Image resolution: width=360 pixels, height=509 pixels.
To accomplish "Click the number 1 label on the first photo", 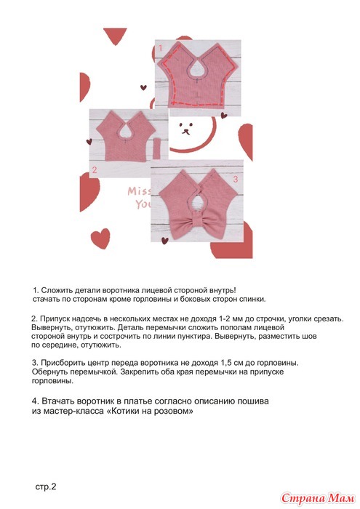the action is (160, 49).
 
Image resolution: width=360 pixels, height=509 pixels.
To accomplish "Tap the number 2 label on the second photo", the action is (95, 169).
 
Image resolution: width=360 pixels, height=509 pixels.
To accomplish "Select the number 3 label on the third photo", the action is (236, 179).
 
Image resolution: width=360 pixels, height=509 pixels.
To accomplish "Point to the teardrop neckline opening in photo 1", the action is (196, 68).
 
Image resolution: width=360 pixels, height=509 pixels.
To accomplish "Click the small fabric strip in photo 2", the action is (157, 148).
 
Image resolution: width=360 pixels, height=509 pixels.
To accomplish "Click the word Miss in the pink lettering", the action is (139, 191).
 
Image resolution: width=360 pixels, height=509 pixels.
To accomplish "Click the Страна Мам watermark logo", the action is (318, 497).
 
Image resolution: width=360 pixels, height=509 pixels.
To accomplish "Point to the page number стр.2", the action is (46, 486).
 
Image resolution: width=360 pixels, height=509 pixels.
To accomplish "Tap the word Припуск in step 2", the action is (54, 318).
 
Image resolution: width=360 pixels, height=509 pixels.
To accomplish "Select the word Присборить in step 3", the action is (63, 363).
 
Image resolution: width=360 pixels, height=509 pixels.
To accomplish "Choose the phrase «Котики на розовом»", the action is (150, 411).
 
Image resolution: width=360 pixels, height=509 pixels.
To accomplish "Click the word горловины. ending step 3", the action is (52, 381).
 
